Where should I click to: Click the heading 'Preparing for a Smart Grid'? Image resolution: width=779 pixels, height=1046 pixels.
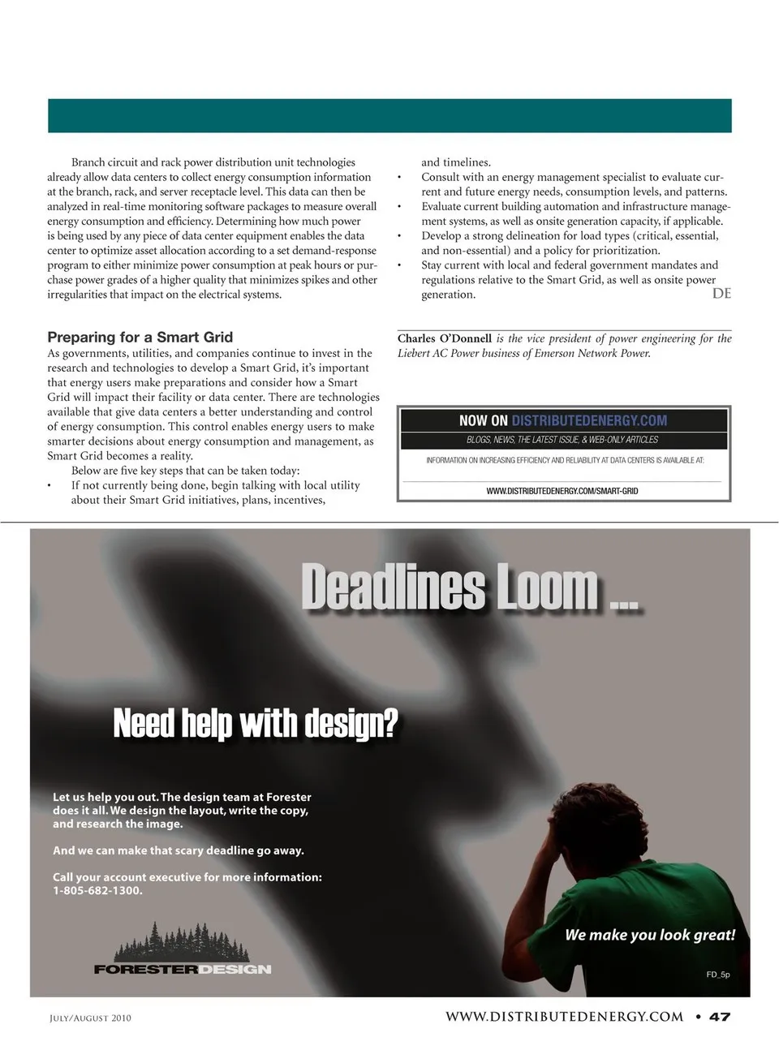pyautogui.click(x=140, y=337)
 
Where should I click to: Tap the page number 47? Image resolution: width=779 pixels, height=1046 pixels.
pyautogui.click(x=720, y=1017)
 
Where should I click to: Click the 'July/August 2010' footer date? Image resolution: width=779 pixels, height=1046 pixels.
pyautogui.click(x=90, y=1018)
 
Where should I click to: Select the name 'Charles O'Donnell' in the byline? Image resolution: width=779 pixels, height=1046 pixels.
pyautogui.click(x=445, y=338)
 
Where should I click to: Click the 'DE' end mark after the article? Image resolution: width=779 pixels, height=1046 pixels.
pyautogui.click(x=721, y=294)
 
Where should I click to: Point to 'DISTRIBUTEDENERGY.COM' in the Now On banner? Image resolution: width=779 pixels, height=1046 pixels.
pyautogui.click(x=589, y=420)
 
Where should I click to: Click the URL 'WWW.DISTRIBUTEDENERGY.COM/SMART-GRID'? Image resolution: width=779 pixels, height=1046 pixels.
pyautogui.click(x=562, y=491)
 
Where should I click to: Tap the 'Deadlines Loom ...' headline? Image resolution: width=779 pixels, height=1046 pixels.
pyautogui.click(x=469, y=588)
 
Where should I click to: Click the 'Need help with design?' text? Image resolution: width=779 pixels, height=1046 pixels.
pyautogui.click(x=256, y=722)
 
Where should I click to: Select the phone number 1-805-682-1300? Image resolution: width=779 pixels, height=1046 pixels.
pyautogui.click(x=97, y=890)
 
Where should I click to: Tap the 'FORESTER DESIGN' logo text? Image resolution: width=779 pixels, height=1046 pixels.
pyautogui.click(x=183, y=969)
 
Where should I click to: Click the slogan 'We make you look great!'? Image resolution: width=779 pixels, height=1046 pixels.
pyautogui.click(x=650, y=935)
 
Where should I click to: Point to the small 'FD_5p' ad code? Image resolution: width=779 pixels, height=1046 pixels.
pyautogui.click(x=717, y=975)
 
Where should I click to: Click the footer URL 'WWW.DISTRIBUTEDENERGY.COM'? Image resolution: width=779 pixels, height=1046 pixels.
pyautogui.click(x=564, y=1017)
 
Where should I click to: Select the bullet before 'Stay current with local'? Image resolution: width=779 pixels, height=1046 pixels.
pyautogui.click(x=399, y=265)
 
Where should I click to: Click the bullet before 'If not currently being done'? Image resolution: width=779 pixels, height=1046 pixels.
pyautogui.click(x=49, y=485)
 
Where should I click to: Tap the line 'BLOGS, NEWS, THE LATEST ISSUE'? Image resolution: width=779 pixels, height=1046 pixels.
pyautogui.click(x=562, y=440)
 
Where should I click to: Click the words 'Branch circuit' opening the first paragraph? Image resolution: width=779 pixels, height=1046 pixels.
pyautogui.click(x=105, y=162)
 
